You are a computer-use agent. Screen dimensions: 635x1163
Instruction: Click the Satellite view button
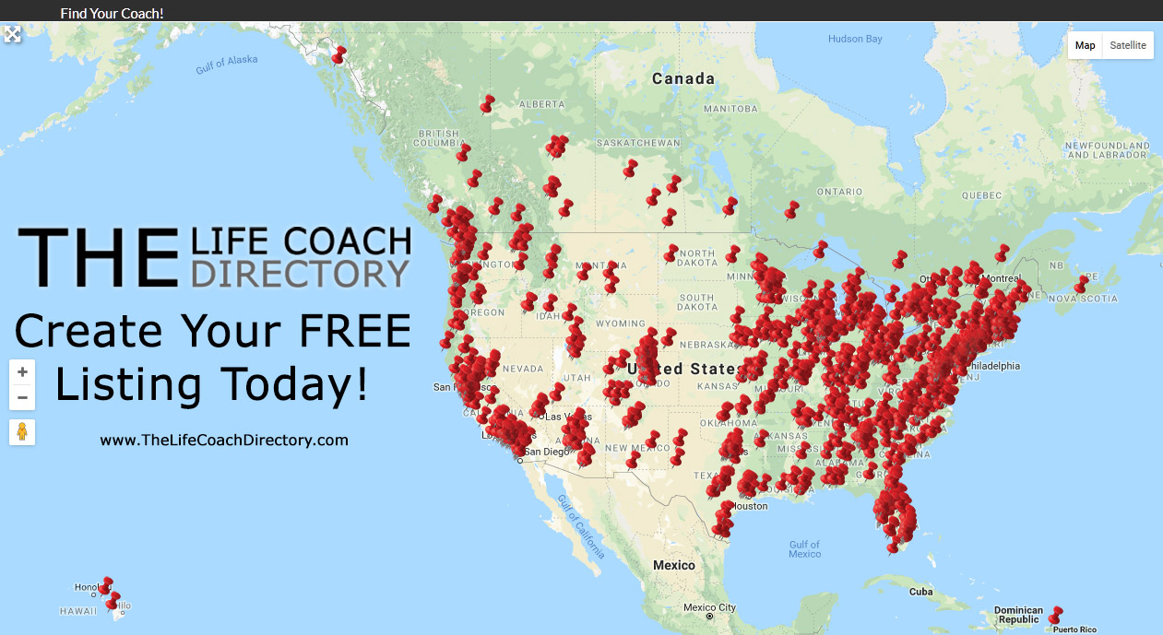1128,45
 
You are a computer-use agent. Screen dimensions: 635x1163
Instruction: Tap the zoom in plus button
22,372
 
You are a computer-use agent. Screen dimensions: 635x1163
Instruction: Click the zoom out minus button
22,398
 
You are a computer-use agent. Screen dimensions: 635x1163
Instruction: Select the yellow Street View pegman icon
22,431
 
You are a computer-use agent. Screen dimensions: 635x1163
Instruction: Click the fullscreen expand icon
12,34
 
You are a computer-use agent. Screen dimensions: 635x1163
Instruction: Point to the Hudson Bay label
855,39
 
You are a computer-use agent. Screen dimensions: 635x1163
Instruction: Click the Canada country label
683,79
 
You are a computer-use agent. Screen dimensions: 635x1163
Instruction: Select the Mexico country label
673,564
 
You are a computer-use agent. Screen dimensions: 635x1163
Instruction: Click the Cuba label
920,592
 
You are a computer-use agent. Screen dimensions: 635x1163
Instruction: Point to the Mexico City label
709,607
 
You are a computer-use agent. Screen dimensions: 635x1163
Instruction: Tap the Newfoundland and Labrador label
1107,150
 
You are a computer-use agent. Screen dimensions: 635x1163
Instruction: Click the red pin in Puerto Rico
1055,614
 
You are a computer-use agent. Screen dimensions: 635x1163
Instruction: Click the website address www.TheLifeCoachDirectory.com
224,441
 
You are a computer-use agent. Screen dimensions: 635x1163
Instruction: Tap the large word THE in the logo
98,257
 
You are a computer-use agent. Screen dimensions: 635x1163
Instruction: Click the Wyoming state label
620,324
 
